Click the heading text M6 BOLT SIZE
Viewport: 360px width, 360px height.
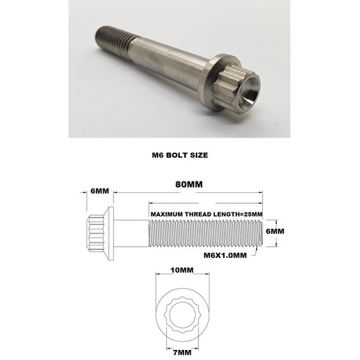click(x=180, y=153)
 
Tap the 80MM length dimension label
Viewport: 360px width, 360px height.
click(x=189, y=186)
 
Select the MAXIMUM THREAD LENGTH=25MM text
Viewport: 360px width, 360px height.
click(x=206, y=215)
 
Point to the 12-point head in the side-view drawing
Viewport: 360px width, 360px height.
click(x=96, y=232)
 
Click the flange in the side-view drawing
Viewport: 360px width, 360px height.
click(x=110, y=232)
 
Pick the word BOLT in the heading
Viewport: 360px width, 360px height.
click(x=179, y=153)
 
